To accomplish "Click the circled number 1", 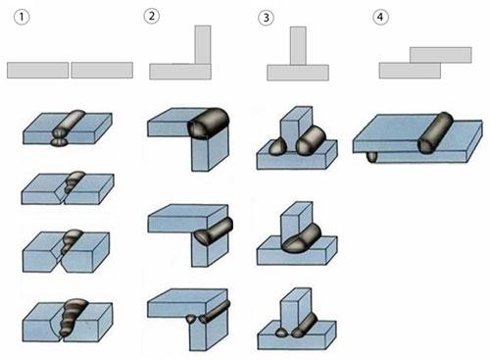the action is click(22, 17).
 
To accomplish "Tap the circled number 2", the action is click(152, 16).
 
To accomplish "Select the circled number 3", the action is click(267, 18).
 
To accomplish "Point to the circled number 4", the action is click(380, 17).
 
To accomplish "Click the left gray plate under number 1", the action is click(38, 71).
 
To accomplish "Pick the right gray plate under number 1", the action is click(102, 71).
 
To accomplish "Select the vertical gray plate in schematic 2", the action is click(203, 44).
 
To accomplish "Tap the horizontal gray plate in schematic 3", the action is click(298, 73).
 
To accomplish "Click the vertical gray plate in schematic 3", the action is click(298, 46).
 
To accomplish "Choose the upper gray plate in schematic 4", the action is click(441, 55).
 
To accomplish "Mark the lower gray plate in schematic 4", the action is click(410, 71).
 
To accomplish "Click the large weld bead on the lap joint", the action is click(435, 132).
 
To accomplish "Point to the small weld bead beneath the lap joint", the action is click(371, 157).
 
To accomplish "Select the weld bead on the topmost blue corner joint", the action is click(209, 125).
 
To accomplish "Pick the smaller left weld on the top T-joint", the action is click(277, 146).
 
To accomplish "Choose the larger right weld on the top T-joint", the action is click(311, 140).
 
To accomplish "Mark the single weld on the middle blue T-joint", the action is click(302, 238).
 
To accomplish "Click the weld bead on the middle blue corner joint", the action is click(213, 231).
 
